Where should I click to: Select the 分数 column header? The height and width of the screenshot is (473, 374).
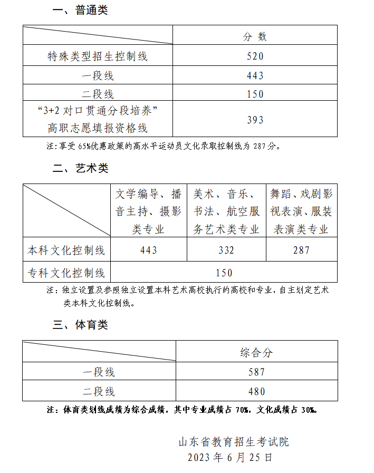tap(255, 36)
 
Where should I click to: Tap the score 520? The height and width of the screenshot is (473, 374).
tap(255, 56)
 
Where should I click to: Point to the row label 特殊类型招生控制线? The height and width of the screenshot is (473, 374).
tap(98, 56)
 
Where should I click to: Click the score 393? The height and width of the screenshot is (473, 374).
tap(255, 120)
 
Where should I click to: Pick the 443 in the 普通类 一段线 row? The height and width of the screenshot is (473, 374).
tap(255, 76)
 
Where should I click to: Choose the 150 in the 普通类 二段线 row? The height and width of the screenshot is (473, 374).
tap(255, 94)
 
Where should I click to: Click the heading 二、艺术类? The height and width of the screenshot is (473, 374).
tap(81, 168)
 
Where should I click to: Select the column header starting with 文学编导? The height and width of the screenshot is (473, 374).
tap(148, 211)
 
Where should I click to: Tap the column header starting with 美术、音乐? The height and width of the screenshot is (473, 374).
tap(226, 211)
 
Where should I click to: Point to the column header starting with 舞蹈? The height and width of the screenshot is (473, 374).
tap(301, 211)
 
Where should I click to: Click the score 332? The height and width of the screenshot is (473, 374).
tap(226, 250)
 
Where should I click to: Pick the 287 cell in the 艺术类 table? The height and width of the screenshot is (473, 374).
tap(301, 250)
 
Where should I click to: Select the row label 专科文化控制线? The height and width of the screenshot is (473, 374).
tap(66, 273)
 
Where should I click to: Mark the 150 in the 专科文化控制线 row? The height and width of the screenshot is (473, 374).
tap(224, 273)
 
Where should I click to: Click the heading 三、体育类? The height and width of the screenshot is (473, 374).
tap(81, 325)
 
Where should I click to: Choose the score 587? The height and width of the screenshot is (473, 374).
tap(256, 372)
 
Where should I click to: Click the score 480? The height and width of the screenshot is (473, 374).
tap(256, 391)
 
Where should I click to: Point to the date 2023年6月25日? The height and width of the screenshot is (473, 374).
tap(230, 457)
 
